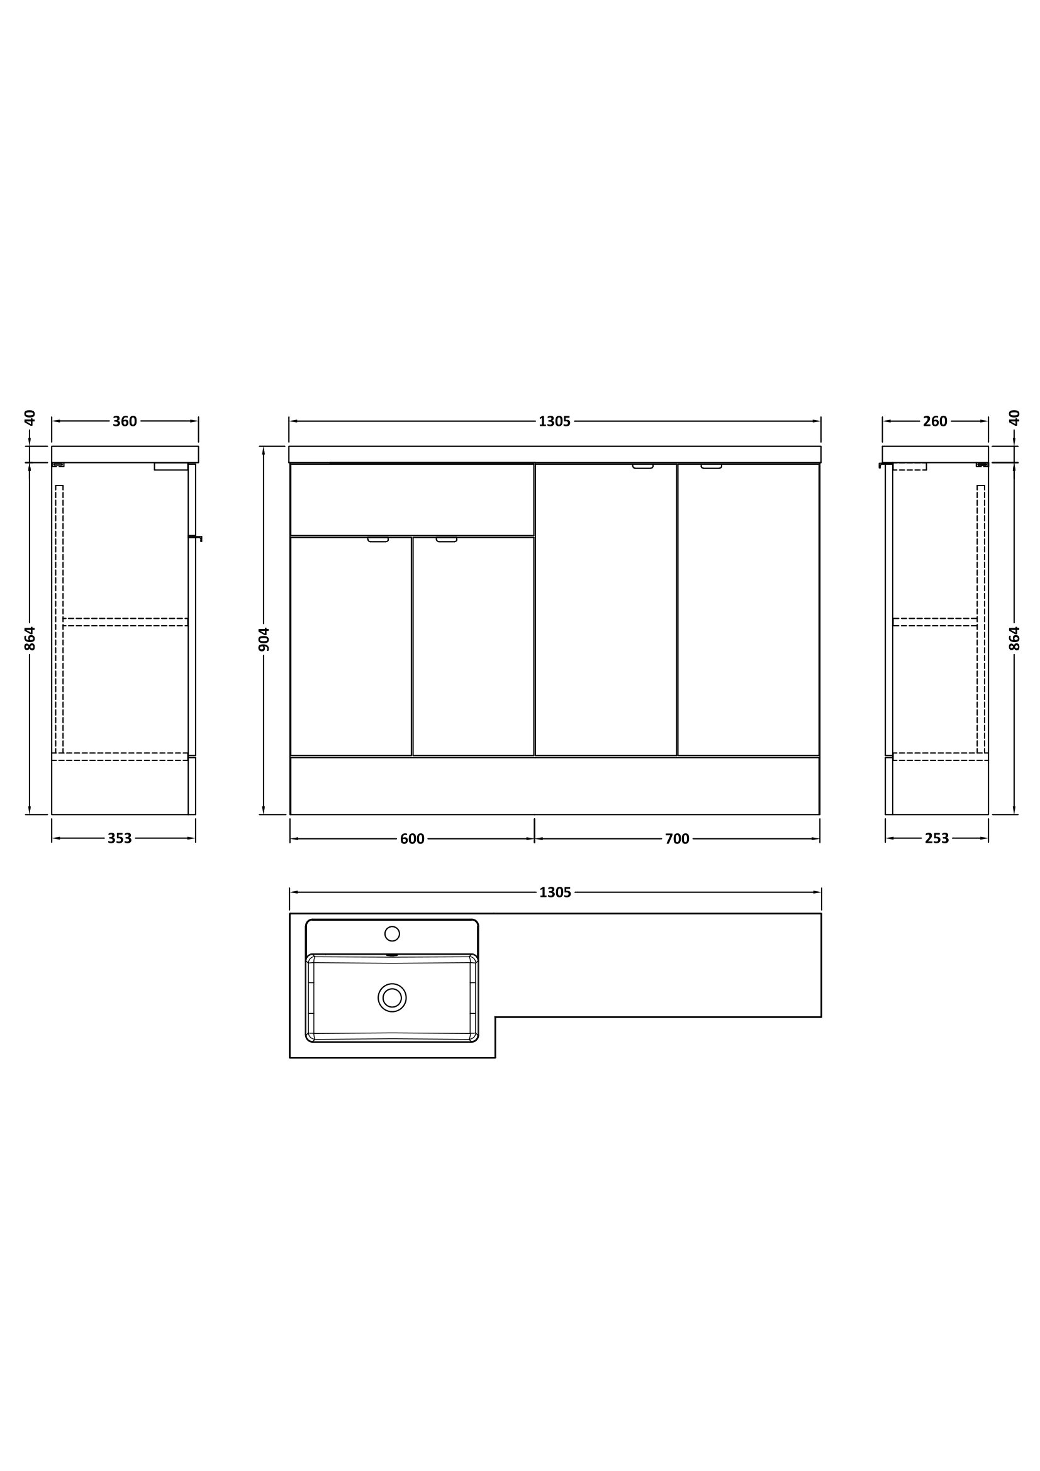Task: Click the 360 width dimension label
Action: [125, 421]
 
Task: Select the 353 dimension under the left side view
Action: [120, 839]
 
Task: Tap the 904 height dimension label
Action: [264, 640]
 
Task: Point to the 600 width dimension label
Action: [412, 840]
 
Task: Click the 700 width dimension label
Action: [678, 840]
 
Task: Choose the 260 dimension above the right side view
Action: [936, 421]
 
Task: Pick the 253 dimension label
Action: [937, 839]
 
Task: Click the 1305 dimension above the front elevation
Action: [555, 421]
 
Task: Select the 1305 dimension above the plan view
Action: [555, 892]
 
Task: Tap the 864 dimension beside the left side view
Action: [30, 638]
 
